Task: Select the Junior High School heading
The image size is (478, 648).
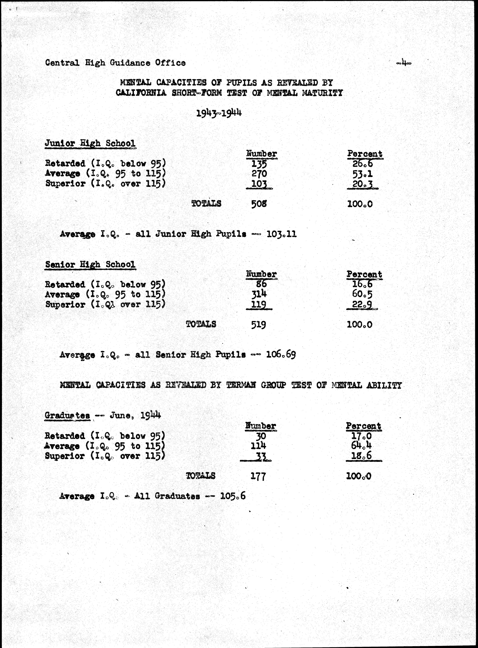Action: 90,143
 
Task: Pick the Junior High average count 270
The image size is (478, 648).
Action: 259,174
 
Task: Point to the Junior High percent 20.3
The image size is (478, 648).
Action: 362,184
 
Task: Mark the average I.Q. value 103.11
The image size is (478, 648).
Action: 282,234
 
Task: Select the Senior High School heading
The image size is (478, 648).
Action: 90,264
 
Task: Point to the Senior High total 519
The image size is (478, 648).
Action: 258,324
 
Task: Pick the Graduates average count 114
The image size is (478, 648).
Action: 258,446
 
